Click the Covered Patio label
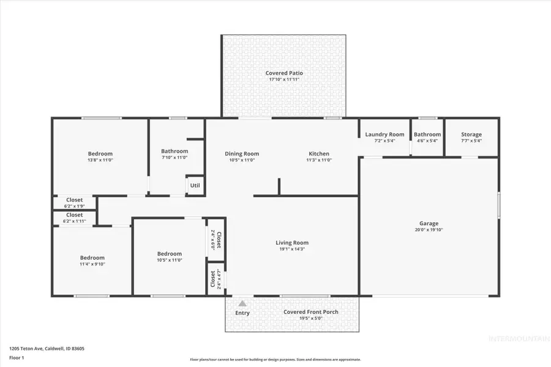[x=284, y=73]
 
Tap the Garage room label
[x=429, y=223]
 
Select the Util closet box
[x=195, y=185]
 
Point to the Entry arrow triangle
[x=242, y=303]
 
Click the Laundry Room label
[x=384, y=135]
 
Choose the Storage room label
[x=471, y=135]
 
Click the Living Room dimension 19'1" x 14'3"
[x=291, y=249]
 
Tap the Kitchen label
[x=318, y=154]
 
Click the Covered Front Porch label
[x=310, y=312]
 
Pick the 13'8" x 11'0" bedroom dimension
[x=100, y=160]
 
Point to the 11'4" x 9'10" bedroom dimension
[x=92, y=264]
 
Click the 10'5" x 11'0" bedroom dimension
[x=169, y=260]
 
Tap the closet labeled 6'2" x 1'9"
[x=74, y=206]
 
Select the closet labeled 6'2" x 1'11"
[x=74, y=221]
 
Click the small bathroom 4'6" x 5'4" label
[x=427, y=141]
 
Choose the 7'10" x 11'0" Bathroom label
[x=174, y=157]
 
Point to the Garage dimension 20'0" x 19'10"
[x=429, y=230]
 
